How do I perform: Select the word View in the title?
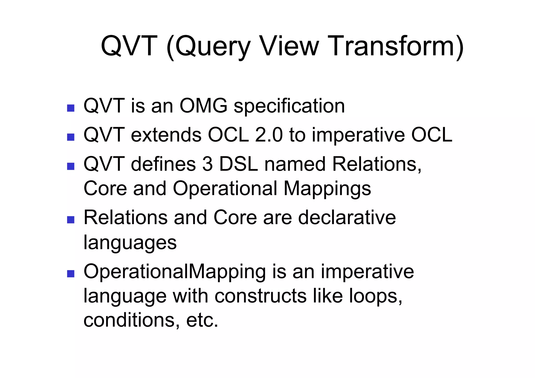tap(289, 46)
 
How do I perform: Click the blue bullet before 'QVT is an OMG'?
tap(71, 108)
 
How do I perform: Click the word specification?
tap(289, 107)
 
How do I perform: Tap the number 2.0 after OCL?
tap(269, 135)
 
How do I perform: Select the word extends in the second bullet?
tap(166, 135)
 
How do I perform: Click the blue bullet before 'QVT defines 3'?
tap(71, 166)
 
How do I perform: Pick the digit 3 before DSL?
tap(207, 164)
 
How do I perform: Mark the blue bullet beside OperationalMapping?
tap(71, 274)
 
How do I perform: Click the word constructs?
tap(260, 296)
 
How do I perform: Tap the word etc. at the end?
tap(202, 320)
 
